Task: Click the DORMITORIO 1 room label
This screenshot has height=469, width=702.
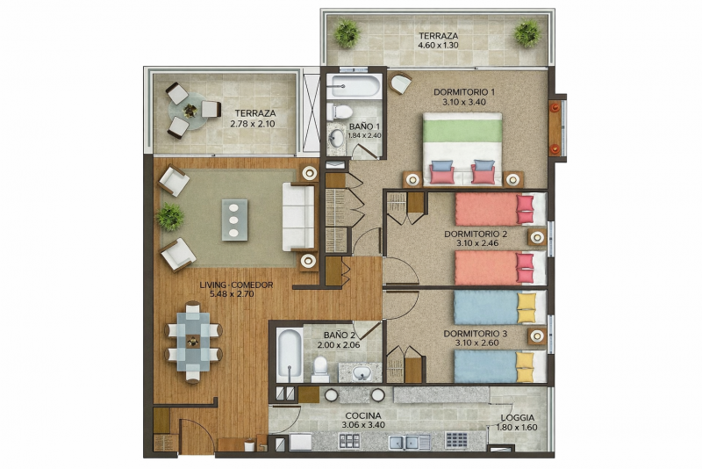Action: [464, 92]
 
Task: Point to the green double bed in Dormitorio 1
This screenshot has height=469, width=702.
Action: [462, 148]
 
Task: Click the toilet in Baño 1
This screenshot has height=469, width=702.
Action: [342, 112]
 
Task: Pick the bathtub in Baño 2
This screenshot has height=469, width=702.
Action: [288, 356]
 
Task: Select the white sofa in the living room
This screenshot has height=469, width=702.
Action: [298, 216]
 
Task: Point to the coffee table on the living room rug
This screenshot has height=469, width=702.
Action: [234, 220]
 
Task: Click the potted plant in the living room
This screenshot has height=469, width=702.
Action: [169, 217]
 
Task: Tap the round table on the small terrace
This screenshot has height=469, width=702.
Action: [190, 111]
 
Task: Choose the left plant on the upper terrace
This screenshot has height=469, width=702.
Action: [347, 33]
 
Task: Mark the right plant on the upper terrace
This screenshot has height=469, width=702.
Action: [527, 33]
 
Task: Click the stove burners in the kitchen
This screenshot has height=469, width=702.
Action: [456, 439]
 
